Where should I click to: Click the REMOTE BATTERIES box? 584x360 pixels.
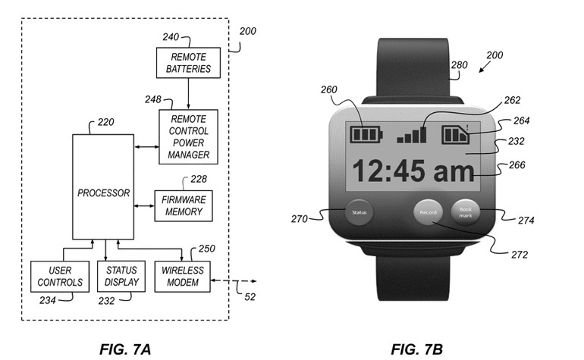point(188,63)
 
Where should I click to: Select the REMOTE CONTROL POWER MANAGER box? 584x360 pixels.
point(188,136)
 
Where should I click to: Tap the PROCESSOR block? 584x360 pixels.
point(103,187)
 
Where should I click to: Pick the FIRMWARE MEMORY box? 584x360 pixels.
point(184,206)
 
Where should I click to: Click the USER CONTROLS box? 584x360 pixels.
point(60,276)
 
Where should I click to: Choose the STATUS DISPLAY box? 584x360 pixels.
point(121,276)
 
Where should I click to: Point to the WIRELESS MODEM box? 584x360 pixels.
point(183,276)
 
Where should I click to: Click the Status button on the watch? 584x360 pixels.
point(359,212)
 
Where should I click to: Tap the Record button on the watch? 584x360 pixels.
point(428,212)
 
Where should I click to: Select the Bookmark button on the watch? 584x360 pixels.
point(465,212)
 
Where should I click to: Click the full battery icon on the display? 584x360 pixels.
point(366,134)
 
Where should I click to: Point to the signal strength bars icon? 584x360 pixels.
point(412,135)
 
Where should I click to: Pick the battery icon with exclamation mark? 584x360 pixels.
point(456,134)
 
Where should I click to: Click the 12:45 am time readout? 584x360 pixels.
point(413,171)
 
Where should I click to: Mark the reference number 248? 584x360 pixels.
point(153,99)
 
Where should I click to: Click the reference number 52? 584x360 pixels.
point(250,296)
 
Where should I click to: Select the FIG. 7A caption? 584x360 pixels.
point(125,349)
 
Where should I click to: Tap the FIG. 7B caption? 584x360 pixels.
point(417,349)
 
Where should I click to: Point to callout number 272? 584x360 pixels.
point(520,255)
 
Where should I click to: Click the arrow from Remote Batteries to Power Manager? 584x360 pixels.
point(188,94)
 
